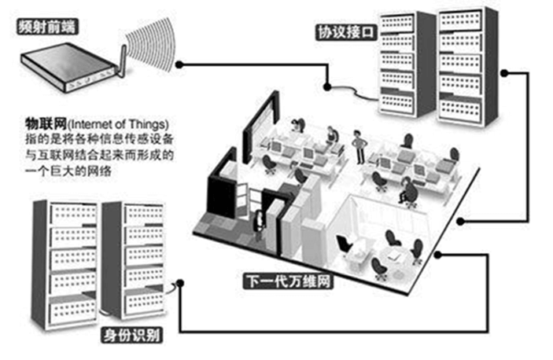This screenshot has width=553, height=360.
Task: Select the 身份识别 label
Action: point(132,336)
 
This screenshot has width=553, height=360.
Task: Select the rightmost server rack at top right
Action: point(468,67)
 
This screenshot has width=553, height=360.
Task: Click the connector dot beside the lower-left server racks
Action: point(184,283)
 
